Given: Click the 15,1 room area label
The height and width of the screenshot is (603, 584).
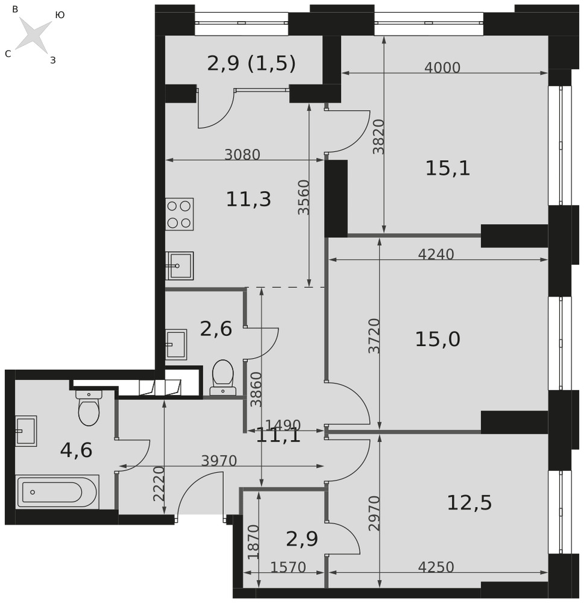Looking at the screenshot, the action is pos(448,168).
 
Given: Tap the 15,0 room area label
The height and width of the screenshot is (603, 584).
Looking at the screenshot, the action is pos(437,339).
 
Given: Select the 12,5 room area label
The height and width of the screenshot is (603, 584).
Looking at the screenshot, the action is pos(469,503).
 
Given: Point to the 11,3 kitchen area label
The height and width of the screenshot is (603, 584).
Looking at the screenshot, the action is pos(248,199).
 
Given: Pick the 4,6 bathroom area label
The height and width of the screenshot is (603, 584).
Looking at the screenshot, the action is pos(76,450).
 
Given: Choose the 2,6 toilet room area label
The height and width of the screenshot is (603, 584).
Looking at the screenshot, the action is pos(216,329).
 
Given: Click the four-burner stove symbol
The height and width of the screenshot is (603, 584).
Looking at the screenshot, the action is pos(179,214).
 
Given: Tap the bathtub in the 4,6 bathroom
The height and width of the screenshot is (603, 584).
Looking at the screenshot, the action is pos(57,492).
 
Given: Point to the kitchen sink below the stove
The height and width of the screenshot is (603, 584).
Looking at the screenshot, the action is pos(179,266).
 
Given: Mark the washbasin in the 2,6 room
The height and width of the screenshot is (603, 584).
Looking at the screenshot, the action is pos(176,344).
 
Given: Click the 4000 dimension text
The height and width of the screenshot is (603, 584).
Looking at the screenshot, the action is pos(442,68).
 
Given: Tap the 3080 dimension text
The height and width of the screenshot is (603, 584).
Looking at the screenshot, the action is pos(243,154).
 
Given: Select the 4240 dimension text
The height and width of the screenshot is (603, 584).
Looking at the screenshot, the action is pos(436,254).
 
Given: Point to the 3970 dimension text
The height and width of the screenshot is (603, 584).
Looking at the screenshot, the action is pos(219,460).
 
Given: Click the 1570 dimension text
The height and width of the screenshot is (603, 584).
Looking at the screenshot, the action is pos(288,567).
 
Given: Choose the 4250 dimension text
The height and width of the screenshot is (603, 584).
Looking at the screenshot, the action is pos(436,567).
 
